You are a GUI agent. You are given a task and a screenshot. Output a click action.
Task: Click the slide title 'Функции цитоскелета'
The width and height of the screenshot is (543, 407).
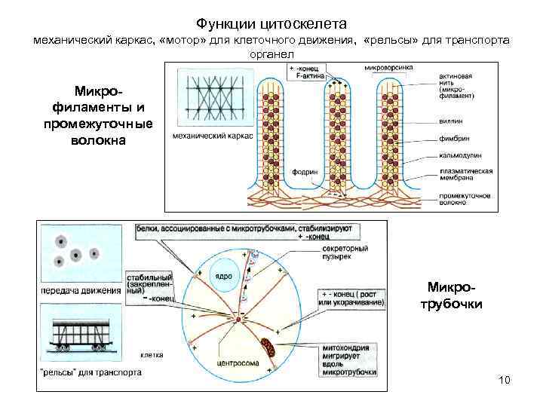click(x=271, y=23)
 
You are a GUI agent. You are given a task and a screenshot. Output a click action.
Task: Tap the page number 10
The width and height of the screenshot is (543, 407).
click(x=505, y=379)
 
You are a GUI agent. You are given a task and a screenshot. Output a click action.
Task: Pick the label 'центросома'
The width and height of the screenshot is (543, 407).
click(x=239, y=363)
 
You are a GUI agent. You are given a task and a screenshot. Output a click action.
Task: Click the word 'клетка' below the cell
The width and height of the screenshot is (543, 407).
click(x=152, y=354)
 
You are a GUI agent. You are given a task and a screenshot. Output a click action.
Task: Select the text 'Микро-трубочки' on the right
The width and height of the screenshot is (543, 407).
click(x=456, y=296)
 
